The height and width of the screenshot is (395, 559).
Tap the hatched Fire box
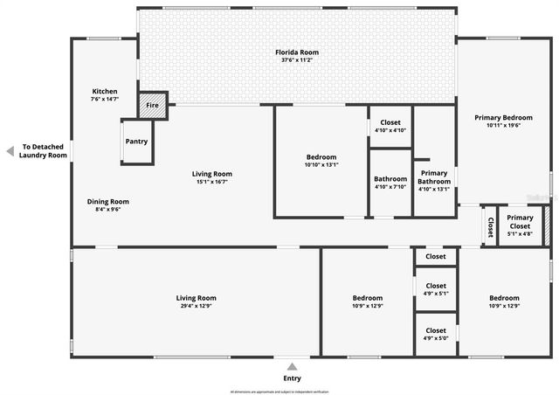[x=152, y=105]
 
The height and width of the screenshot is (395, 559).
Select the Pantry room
[x=136, y=142]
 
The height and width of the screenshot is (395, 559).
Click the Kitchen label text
[x=105, y=91]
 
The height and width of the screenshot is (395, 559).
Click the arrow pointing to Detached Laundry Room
[x=10, y=151]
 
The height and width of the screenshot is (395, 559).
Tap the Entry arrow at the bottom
[x=293, y=366]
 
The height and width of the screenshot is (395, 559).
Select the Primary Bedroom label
[x=503, y=117]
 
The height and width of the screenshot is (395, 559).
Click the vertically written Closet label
[x=490, y=226]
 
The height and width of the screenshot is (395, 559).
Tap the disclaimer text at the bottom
[x=279, y=391]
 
